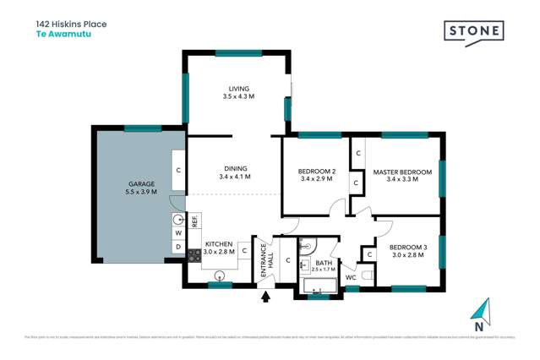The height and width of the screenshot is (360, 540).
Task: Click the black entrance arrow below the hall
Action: point(268,297)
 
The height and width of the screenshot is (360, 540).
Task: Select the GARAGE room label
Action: point(141,183)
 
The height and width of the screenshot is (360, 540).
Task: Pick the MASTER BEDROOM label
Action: point(402,172)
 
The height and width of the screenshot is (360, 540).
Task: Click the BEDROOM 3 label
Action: point(408,247)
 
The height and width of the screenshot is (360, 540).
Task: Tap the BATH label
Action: point(325,262)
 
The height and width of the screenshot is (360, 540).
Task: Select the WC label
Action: point(350,277)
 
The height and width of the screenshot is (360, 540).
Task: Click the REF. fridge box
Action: point(194,221)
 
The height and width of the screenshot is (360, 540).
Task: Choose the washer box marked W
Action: point(179,232)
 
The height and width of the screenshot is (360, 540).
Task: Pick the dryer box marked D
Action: point(179,247)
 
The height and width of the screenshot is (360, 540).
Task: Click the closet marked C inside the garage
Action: point(179,169)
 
